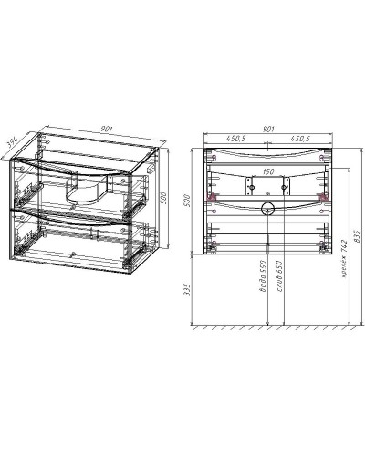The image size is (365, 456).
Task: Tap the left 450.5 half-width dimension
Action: [x=240, y=139]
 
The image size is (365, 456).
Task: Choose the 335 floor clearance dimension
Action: [x=187, y=290]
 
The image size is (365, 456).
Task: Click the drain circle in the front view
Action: [x=267, y=210]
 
